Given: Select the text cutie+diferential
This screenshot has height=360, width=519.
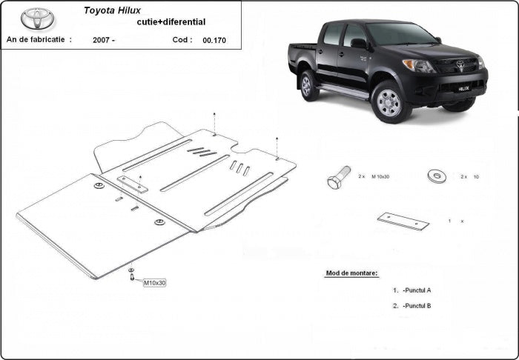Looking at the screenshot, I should click(162, 23).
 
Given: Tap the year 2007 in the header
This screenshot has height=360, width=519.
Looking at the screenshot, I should click(104, 40).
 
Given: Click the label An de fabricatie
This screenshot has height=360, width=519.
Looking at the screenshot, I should click(38, 39).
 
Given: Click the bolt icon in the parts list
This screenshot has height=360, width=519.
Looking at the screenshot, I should click(337, 179).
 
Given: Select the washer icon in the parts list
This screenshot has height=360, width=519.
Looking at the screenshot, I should click(436, 176).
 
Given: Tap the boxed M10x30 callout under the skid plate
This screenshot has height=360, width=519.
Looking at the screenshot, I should click(154, 283).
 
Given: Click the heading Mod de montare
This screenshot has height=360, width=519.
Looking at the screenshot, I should click(351, 273).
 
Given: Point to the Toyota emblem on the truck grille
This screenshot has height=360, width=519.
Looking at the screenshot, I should click(457, 64).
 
